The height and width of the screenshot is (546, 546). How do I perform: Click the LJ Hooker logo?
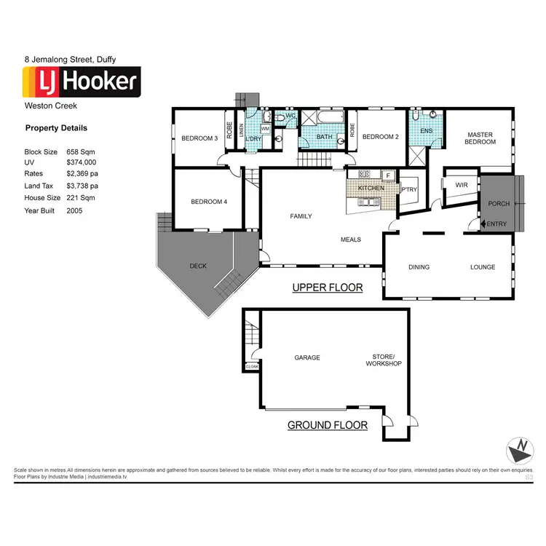[x=81, y=82]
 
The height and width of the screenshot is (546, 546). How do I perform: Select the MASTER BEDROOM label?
[x=480, y=138]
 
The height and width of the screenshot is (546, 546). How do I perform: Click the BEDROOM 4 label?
[x=209, y=202]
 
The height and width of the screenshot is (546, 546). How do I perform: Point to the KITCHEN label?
[x=371, y=189]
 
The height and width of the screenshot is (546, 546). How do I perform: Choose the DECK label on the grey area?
[x=198, y=266]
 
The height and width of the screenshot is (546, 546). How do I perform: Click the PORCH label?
[x=499, y=204]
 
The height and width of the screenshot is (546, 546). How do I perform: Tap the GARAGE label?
[x=307, y=357]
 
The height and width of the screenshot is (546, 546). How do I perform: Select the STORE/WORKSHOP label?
[x=384, y=360]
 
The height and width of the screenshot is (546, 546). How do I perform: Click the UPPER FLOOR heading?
[x=327, y=288]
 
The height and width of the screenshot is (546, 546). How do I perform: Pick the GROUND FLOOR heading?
[x=327, y=425]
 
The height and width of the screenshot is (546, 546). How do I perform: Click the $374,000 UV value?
[x=81, y=162]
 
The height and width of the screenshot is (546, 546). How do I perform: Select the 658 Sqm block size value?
[x=80, y=151]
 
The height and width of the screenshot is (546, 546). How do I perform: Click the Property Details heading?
[x=56, y=128]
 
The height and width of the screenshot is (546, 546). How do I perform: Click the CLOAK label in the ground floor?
[x=253, y=367]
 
